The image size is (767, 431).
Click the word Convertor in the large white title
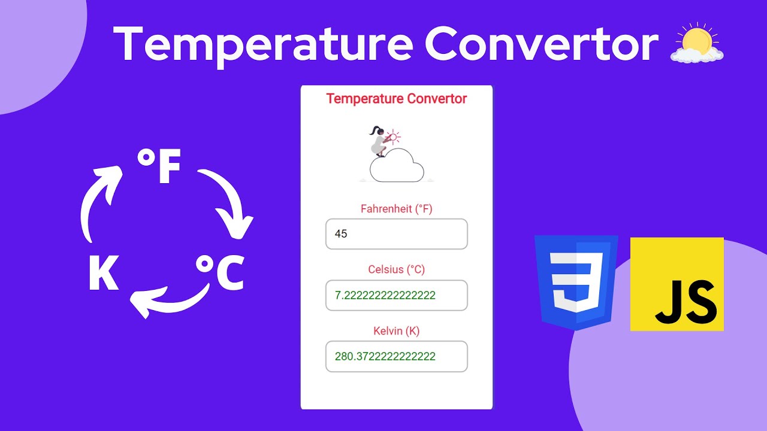[542, 44]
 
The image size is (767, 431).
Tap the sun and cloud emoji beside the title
[697, 44]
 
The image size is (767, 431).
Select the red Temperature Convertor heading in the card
[396, 99]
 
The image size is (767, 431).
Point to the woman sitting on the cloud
[378, 142]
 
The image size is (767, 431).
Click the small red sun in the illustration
[393, 137]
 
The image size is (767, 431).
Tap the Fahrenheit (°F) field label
[396, 209]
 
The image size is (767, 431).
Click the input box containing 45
[396, 234]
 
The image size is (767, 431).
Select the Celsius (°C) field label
[396, 269]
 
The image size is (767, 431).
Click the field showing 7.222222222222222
[396, 296]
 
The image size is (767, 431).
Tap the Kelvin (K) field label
[396, 330]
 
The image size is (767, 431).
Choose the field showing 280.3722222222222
[396, 357]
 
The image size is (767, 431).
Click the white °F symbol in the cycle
[159, 167]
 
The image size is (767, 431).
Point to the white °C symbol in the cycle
[221, 272]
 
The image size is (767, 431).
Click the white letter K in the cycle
[103, 274]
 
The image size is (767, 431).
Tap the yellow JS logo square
[677, 284]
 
